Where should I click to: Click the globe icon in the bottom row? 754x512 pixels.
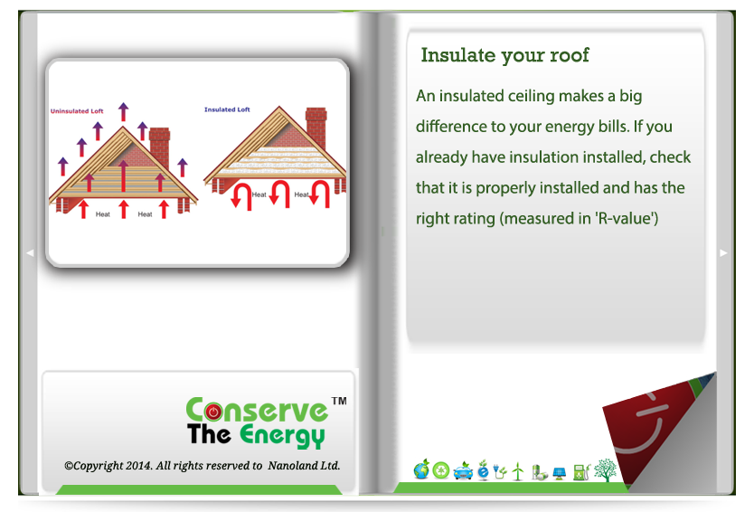click(x=421, y=469)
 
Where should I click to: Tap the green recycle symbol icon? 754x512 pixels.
click(x=441, y=470)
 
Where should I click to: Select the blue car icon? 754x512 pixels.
click(x=463, y=471)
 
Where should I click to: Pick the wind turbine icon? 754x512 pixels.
click(x=518, y=471)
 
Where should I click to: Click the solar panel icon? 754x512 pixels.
click(x=560, y=473)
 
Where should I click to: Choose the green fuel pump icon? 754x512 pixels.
click(x=581, y=472)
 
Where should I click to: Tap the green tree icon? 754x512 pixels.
click(x=605, y=470)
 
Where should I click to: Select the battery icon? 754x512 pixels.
click(x=540, y=472)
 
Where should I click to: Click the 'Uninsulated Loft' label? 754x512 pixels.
click(x=77, y=111)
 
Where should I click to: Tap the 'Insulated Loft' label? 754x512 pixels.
click(x=227, y=109)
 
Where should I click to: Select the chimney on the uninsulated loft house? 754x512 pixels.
click(x=160, y=146)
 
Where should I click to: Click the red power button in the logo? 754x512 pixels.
click(x=213, y=412)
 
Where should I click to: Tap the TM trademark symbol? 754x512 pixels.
click(x=339, y=401)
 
